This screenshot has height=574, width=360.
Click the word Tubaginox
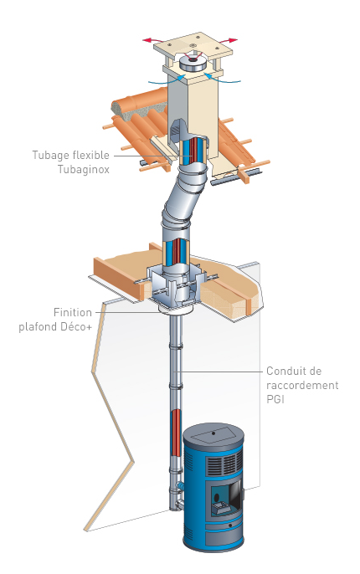[x=84, y=170]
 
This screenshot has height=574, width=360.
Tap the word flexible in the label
[x=91, y=155]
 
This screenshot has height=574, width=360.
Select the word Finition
[x=73, y=312]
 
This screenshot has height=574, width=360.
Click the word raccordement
[x=302, y=385]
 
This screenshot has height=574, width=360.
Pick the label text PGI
[x=275, y=399]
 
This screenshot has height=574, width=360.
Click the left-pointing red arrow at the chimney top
[x=153, y=39]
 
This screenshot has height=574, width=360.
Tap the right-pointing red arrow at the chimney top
[x=227, y=40]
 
